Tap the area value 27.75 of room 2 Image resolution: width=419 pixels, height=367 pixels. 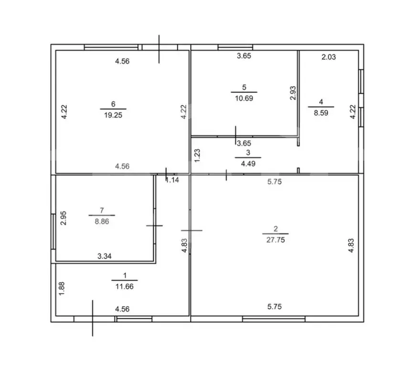pos(275,240)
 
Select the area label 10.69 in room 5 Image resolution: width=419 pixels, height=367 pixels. pos(244,98)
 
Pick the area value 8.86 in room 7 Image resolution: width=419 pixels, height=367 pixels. pos(101,221)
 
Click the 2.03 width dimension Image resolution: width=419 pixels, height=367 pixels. pos(328,57)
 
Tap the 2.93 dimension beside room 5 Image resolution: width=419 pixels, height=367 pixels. pos(293,93)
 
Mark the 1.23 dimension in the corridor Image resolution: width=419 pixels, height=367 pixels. pos(197,155)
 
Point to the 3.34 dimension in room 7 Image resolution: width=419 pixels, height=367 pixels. pos(105,257)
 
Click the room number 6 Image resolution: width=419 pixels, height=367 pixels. pos(113,104)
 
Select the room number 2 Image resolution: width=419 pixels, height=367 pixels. pos(275,229)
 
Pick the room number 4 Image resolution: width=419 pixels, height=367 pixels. pos(321,101)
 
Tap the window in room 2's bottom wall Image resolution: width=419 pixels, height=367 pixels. pos(274,318)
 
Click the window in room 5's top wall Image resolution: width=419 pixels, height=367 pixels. pos(235,47)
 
